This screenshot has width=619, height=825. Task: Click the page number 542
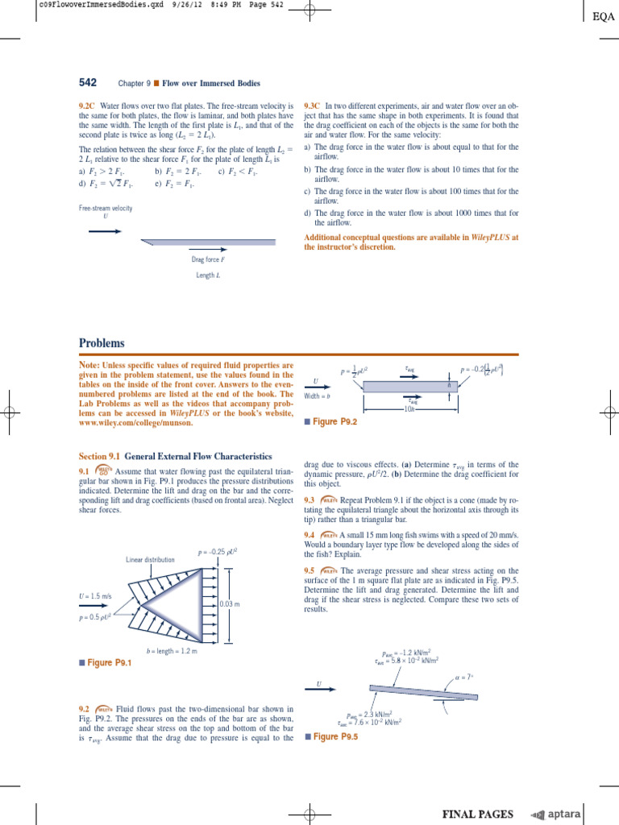tap(88, 82)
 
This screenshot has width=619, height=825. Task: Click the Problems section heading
tap(102, 343)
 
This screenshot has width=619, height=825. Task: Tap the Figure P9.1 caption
tap(108, 662)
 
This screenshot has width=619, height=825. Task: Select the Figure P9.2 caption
tap(334, 421)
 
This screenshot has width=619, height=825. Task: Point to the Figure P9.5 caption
tap(334, 736)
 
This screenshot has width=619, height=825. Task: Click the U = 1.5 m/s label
tap(96, 597)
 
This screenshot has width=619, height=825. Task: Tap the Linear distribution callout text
tap(151, 559)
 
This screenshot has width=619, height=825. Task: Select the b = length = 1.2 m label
tap(172, 649)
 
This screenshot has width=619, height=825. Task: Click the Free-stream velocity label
tap(106, 208)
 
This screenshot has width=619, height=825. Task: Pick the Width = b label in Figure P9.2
tap(318, 396)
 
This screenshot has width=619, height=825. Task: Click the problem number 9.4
tap(309, 535)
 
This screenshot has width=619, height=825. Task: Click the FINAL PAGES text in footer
tap(477, 815)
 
